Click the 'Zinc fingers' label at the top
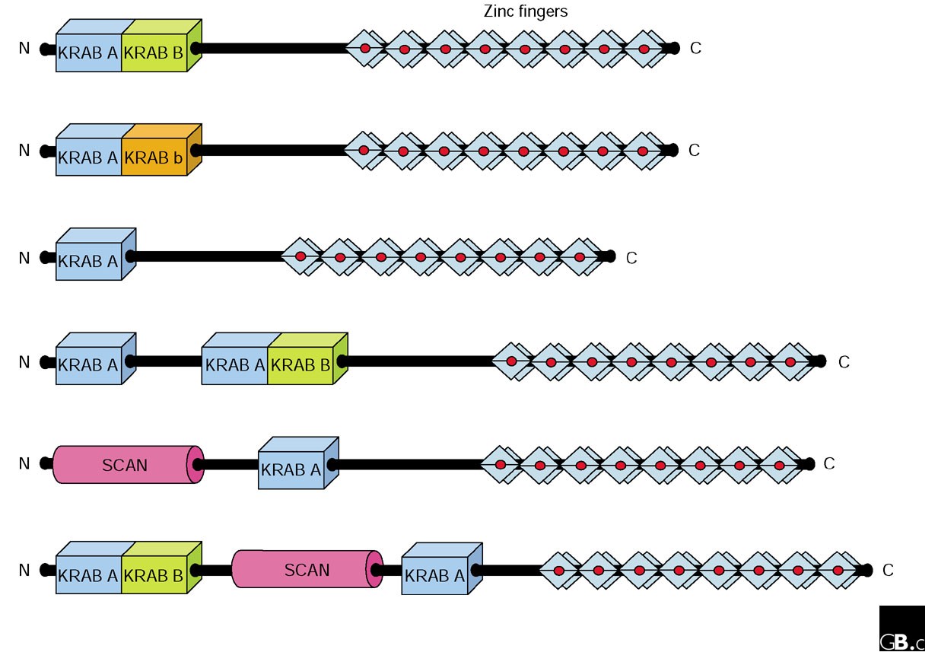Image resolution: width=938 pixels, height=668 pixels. pos(526,11)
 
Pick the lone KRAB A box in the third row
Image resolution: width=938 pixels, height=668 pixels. pos(89,261)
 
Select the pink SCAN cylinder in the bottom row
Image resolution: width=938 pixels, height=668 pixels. pos(306,570)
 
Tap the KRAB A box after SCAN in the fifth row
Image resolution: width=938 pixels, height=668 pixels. pos(291,470)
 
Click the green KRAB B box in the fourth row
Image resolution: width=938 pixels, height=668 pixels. pos(300,365)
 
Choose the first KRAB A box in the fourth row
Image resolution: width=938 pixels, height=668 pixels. pos(89,365)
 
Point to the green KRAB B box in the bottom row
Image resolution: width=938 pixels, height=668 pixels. pos(154,576)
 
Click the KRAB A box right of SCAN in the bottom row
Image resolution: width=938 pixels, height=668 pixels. pos(434,576)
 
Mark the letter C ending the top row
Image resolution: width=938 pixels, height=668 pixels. pos(695,49)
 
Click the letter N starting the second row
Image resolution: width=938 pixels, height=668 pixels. pos(24,151)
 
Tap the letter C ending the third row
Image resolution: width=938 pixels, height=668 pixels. pos(631,259)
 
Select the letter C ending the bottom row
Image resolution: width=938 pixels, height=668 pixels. pos(888,570)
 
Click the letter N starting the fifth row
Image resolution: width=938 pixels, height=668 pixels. pos(24,463)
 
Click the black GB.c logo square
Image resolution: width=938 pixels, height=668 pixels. pos(901,628)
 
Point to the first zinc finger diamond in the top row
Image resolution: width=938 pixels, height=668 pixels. pos(365,49)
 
